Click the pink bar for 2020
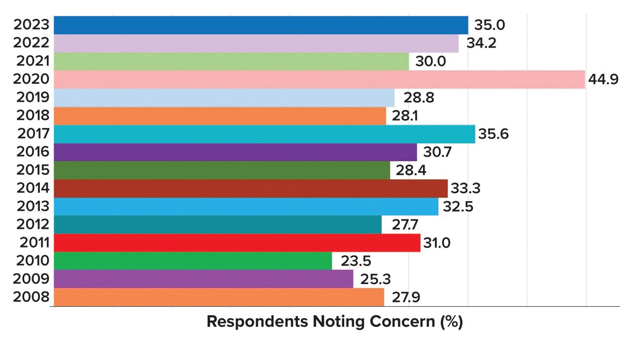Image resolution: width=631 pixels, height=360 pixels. [319, 79]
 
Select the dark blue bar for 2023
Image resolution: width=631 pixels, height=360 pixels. [261, 25]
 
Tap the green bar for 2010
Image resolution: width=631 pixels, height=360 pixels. [193, 261]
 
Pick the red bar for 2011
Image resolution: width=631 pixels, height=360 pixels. [237, 243]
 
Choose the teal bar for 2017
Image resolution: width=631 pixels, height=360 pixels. [264, 134]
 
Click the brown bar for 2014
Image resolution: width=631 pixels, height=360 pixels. [250, 188]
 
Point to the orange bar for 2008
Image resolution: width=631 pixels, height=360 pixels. [218, 297]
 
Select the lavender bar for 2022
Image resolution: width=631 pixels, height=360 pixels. [256, 43]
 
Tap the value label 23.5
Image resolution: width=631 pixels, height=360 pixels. [352, 261]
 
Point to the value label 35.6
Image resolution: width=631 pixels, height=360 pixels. [494, 134]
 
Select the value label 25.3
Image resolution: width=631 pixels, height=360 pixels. [373, 279]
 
